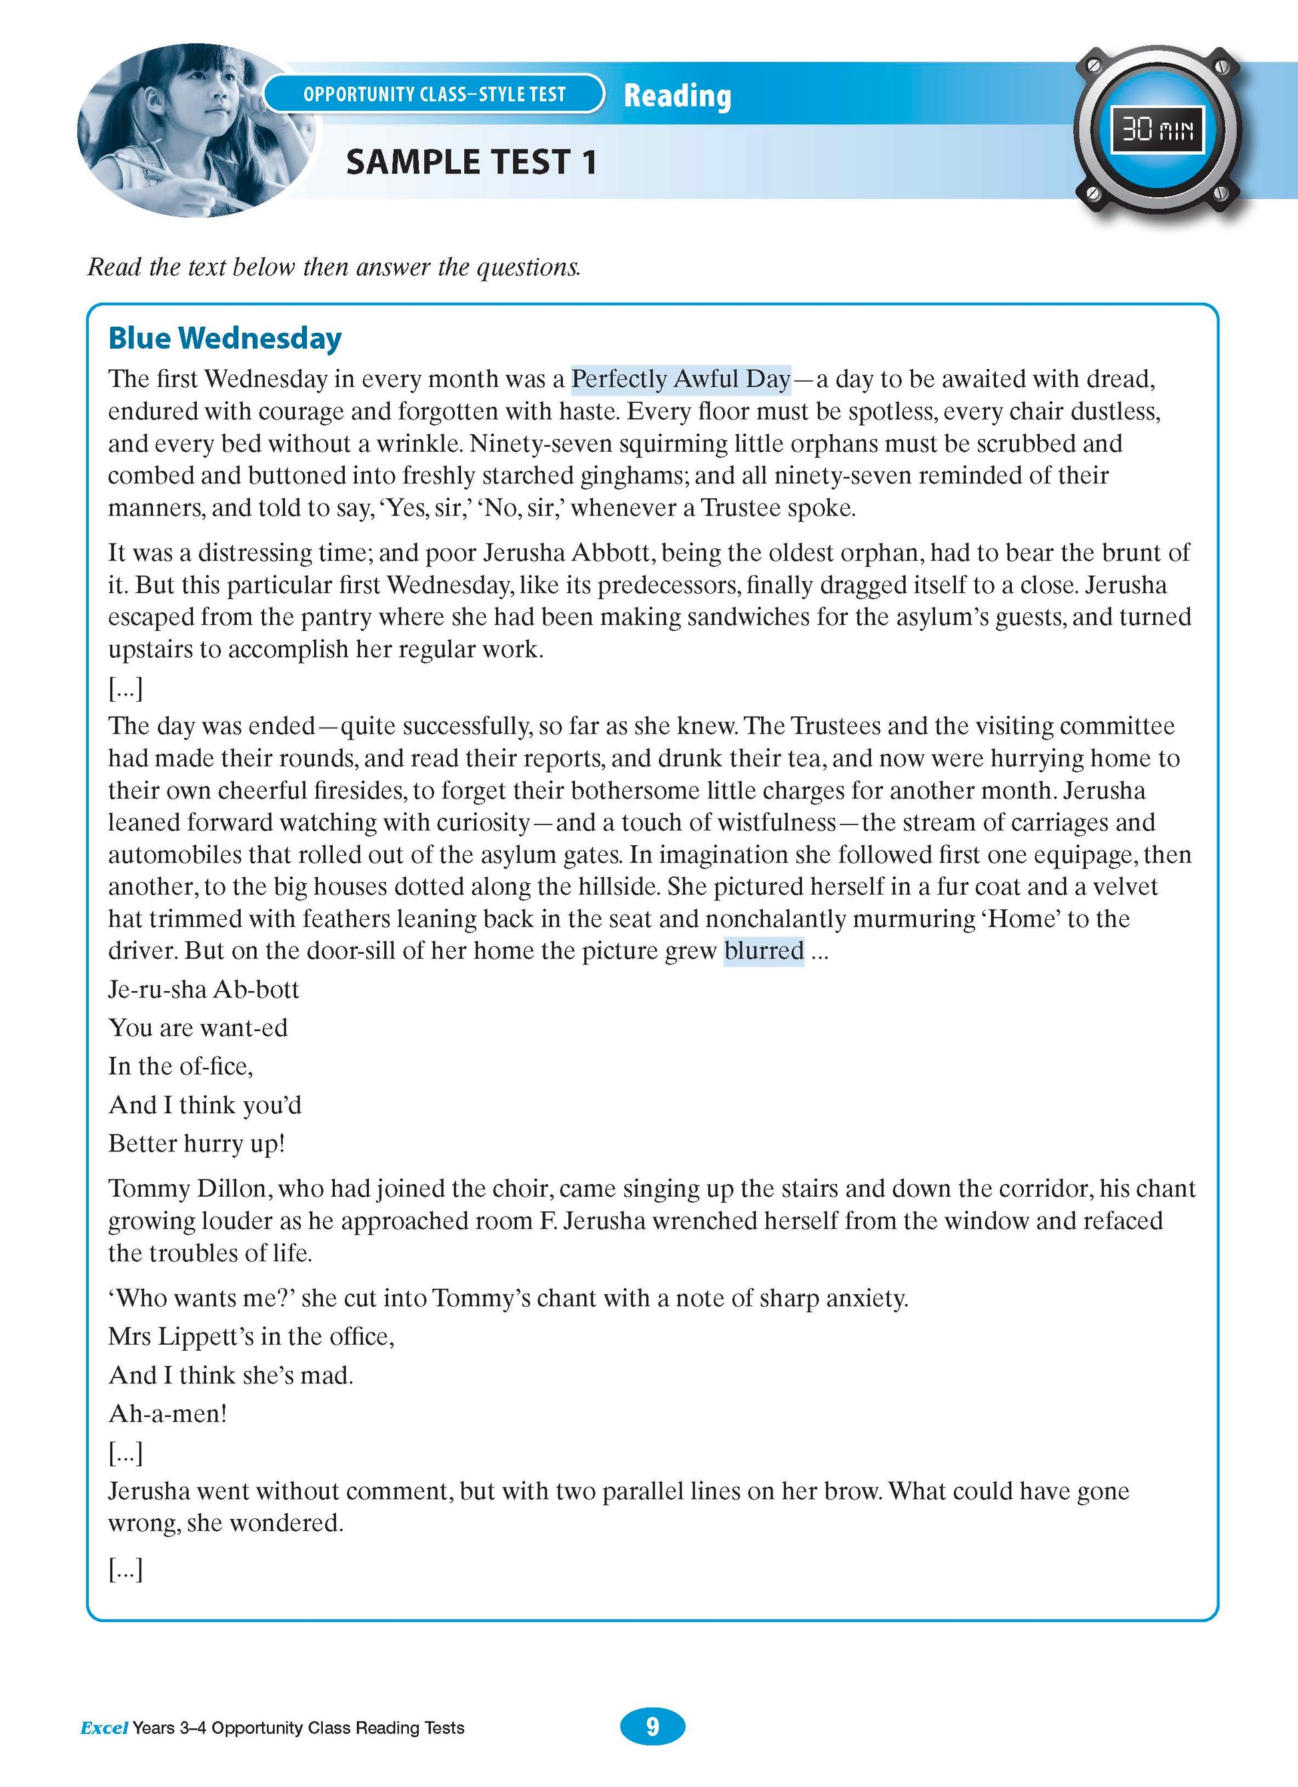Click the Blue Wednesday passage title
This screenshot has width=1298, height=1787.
(x=225, y=338)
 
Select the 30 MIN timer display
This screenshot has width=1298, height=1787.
(x=1157, y=129)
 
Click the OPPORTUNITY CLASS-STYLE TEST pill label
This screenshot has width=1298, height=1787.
(x=434, y=95)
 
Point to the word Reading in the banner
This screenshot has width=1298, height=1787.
(x=677, y=95)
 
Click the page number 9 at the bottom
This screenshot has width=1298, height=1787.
(x=652, y=1726)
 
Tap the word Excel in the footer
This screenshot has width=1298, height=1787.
(x=103, y=1728)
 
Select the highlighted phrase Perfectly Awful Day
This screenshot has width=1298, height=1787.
(x=680, y=379)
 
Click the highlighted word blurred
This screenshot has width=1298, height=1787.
(x=764, y=951)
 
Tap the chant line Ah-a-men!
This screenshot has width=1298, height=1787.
(x=167, y=1413)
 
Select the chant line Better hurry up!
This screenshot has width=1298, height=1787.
(x=196, y=1143)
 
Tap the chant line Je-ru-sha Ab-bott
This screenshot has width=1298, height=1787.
(x=203, y=990)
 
